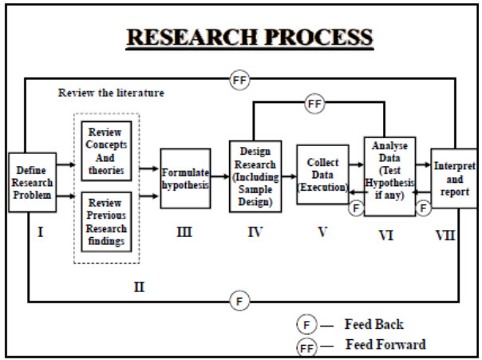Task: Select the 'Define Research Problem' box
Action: tap(32, 181)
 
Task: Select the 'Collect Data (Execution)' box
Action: tap(322, 174)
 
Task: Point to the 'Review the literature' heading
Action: tap(111, 93)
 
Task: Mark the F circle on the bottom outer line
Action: tap(240, 301)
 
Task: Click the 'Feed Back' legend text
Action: tap(373, 324)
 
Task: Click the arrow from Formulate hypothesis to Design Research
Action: tap(219, 180)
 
